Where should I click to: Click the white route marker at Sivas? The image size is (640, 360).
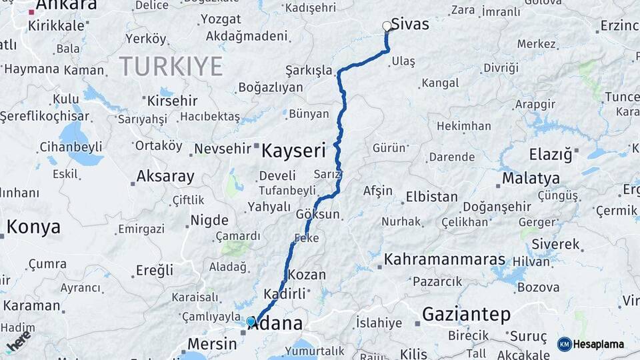coord(387,27)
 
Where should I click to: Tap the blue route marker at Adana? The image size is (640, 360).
coord(251,321)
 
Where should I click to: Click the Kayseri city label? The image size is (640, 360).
coord(293,150)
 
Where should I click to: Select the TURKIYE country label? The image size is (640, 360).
coord(171,66)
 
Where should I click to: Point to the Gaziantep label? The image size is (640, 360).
coord(466,314)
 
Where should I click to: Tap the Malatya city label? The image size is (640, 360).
coord(531,178)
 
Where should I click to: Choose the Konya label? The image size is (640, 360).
coord(33,227)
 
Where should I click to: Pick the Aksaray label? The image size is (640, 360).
coord(165,177)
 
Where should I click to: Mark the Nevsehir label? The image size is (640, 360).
coord(223,149)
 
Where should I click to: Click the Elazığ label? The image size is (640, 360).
coord(551,155)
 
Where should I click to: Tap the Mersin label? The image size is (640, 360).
coord(212,344)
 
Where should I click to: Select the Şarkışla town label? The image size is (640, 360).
coord(309,70)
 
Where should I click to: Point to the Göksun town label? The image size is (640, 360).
coord(318,215)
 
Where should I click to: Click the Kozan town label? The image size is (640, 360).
coord(307,275)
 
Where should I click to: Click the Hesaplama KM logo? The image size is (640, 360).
coord(591,344)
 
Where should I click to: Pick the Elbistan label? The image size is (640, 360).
coord(431,197)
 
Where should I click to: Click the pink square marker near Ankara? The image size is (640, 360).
coord(31,12)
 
